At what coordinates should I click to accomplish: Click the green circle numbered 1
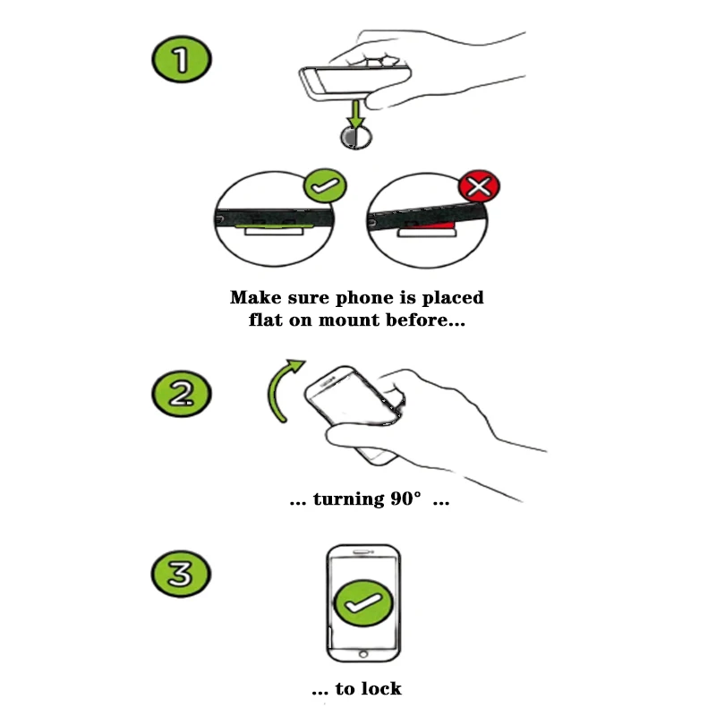(x=182, y=59)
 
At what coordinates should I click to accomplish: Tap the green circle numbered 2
(x=182, y=394)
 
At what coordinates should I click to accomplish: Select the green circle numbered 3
(x=181, y=574)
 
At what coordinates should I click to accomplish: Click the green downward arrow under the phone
(x=355, y=115)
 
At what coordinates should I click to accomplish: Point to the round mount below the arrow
(x=356, y=138)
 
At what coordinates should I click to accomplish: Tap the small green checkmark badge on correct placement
(x=325, y=185)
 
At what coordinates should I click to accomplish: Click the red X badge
(x=479, y=186)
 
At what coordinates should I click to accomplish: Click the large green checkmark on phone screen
(x=363, y=603)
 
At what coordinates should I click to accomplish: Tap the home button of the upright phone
(x=363, y=654)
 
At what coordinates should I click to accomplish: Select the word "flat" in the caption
(x=265, y=320)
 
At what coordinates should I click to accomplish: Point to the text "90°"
(x=406, y=499)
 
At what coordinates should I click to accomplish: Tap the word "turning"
(x=349, y=499)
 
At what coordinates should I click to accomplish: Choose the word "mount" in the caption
(x=349, y=320)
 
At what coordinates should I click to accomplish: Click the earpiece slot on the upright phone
(x=363, y=552)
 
